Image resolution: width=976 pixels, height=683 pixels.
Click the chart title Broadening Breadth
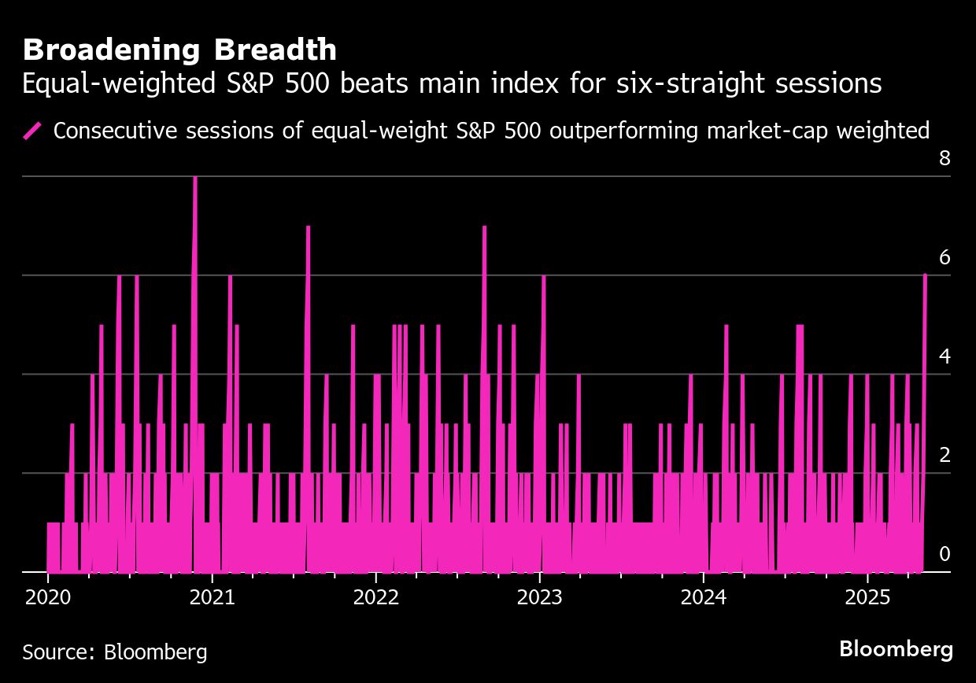(179, 50)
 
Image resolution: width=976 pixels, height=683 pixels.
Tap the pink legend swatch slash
(33, 130)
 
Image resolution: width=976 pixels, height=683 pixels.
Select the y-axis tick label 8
(945, 159)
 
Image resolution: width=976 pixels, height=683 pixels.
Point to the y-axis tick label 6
(945, 258)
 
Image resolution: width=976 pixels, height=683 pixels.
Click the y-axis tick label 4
(945, 356)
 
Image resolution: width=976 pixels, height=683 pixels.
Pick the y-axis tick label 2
(945, 456)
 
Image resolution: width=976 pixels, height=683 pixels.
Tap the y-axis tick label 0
(945, 554)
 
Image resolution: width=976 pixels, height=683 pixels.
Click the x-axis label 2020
(48, 598)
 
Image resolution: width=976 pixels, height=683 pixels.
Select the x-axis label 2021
(212, 598)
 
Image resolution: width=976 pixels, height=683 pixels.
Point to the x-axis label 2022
(375, 598)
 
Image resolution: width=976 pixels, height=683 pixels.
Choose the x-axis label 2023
(539, 598)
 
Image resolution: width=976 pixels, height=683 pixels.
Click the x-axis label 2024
(703, 598)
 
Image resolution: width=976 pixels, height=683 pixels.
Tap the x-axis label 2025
(867, 598)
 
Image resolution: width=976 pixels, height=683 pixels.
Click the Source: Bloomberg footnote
(115, 652)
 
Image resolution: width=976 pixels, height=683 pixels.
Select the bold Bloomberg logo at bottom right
(896, 650)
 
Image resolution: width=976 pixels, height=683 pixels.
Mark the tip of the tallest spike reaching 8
(194, 178)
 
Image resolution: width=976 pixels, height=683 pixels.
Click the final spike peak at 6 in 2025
(925, 275)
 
